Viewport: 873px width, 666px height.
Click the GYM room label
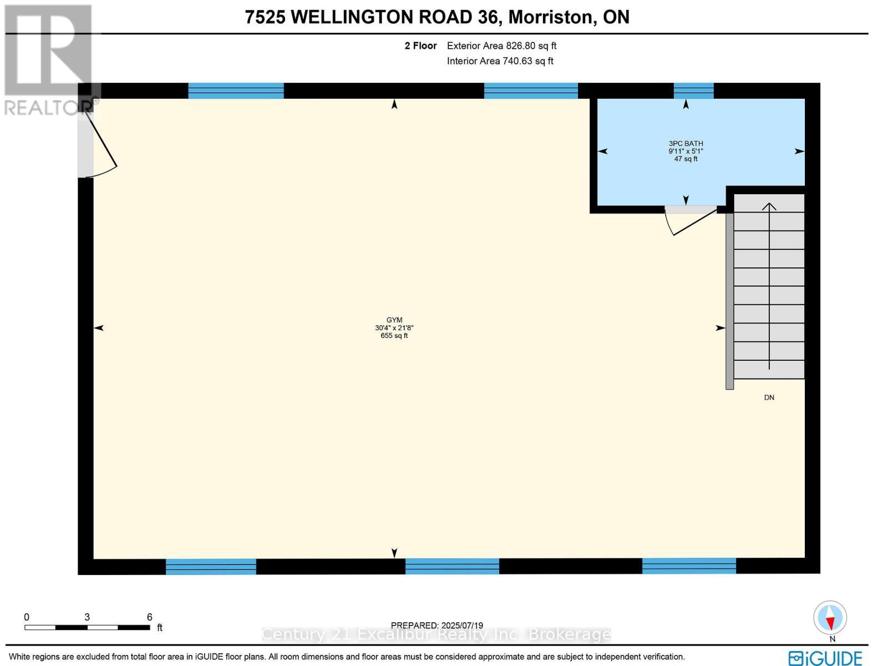click(x=394, y=320)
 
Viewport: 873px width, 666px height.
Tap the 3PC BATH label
click(x=686, y=144)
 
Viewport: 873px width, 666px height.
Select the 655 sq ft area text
click(x=394, y=336)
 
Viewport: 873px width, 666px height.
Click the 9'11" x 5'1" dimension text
click(x=686, y=152)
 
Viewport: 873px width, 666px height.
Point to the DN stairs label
click(x=769, y=398)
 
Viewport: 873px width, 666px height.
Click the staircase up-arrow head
click(x=769, y=206)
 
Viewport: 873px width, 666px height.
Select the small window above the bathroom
click(x=693, y=90)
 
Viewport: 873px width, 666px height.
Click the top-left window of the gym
click(x=236, y=90)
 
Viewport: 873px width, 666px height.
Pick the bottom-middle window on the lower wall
click(x=452, y=566)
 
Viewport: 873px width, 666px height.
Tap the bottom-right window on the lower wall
click(x=689, y=566)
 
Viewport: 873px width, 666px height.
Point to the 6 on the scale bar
click(x=149, y=617)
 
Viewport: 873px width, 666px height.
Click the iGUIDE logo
click(x=825, y=658)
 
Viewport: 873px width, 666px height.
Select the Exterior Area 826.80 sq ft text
click(x=501, y=46)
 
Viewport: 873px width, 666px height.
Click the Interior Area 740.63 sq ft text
click(x=500, y=61)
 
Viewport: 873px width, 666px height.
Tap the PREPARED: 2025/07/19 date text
click(x=436, y=625)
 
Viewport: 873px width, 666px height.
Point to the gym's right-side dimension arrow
click(x=720, y=328)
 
